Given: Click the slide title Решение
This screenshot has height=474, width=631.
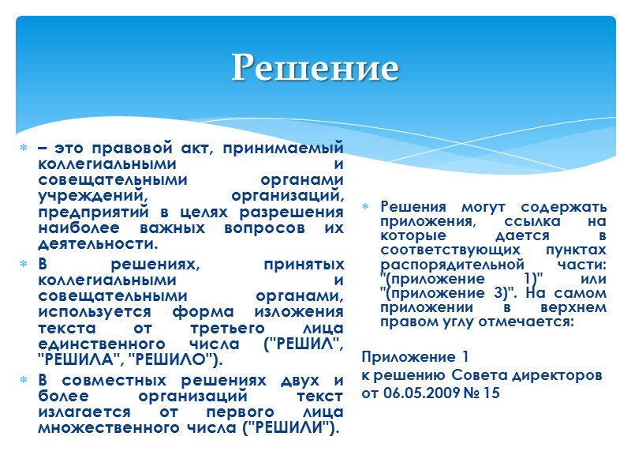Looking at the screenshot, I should [315, 68].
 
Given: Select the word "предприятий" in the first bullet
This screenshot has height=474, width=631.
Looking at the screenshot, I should [83, 213].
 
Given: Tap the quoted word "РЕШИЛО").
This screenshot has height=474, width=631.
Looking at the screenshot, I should [184, 361].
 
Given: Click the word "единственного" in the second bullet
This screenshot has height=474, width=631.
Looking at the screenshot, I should [91, 345].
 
